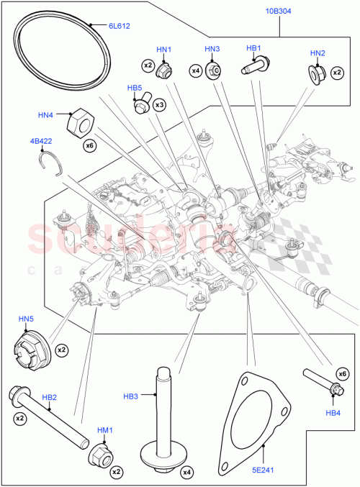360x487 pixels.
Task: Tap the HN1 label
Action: coord(163,50)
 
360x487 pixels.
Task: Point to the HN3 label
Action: coord(212,49)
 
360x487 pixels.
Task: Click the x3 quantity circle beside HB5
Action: coord(158,105)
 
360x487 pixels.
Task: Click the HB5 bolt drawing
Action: coord(140,105)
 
